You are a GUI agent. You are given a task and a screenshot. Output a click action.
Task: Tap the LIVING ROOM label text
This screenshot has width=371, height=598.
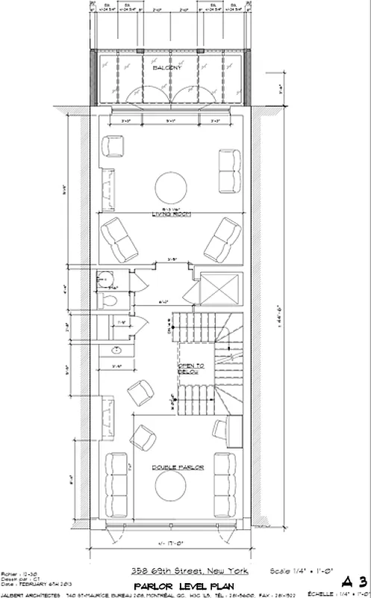point(172,214)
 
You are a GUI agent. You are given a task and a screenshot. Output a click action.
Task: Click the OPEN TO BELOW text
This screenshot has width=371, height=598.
point(187,366)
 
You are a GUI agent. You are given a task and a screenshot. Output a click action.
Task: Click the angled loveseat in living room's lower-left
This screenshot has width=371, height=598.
point(118,237)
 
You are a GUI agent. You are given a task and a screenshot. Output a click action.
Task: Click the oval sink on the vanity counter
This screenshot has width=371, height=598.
point(116,350)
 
